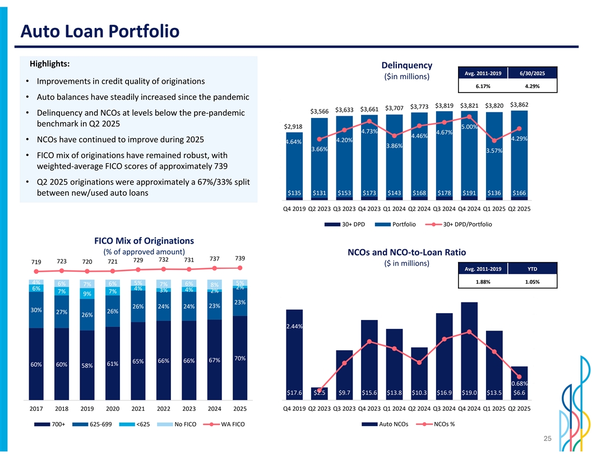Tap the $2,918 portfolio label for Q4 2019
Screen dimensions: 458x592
[294, 126]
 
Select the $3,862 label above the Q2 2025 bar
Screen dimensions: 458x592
[520, 104]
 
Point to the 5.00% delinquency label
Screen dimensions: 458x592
[469, 127]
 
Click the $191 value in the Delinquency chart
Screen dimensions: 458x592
[469, 194]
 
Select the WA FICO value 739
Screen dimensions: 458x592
[240, 258]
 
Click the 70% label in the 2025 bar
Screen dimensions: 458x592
[240, 358]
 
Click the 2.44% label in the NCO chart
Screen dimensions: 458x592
[294, 326]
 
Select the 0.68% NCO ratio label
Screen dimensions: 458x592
[520, 383]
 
